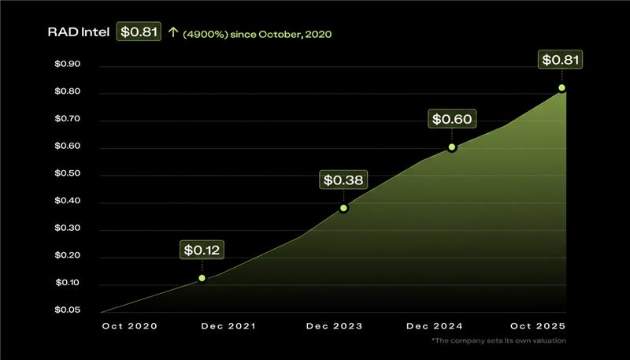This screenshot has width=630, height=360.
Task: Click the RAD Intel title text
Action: tap(79, 33)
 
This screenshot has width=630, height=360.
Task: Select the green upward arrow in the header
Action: tap(173, 33)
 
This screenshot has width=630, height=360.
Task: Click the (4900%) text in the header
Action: tap(203, 34)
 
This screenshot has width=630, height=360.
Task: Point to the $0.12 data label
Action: tap(203, 251)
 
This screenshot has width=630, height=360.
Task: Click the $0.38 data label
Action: tap(344, 180)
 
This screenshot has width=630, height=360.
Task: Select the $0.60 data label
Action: tap(452, 120)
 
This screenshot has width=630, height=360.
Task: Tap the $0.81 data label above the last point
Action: tap(561, 60)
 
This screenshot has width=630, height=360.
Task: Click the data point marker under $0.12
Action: tap(202, 278)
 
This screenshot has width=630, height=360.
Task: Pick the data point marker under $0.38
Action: tap(344, 208)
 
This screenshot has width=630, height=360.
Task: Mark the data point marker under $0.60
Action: tap(452, 147)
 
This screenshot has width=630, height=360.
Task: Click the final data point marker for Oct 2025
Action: tap(561, 88)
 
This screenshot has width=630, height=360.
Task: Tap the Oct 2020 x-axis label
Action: tap(130, 326)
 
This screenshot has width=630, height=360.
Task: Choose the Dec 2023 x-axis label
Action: tap(335, 326)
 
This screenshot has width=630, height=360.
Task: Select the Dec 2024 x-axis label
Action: tap(435, 326)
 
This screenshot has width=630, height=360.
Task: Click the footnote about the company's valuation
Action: tap(498, 340)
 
